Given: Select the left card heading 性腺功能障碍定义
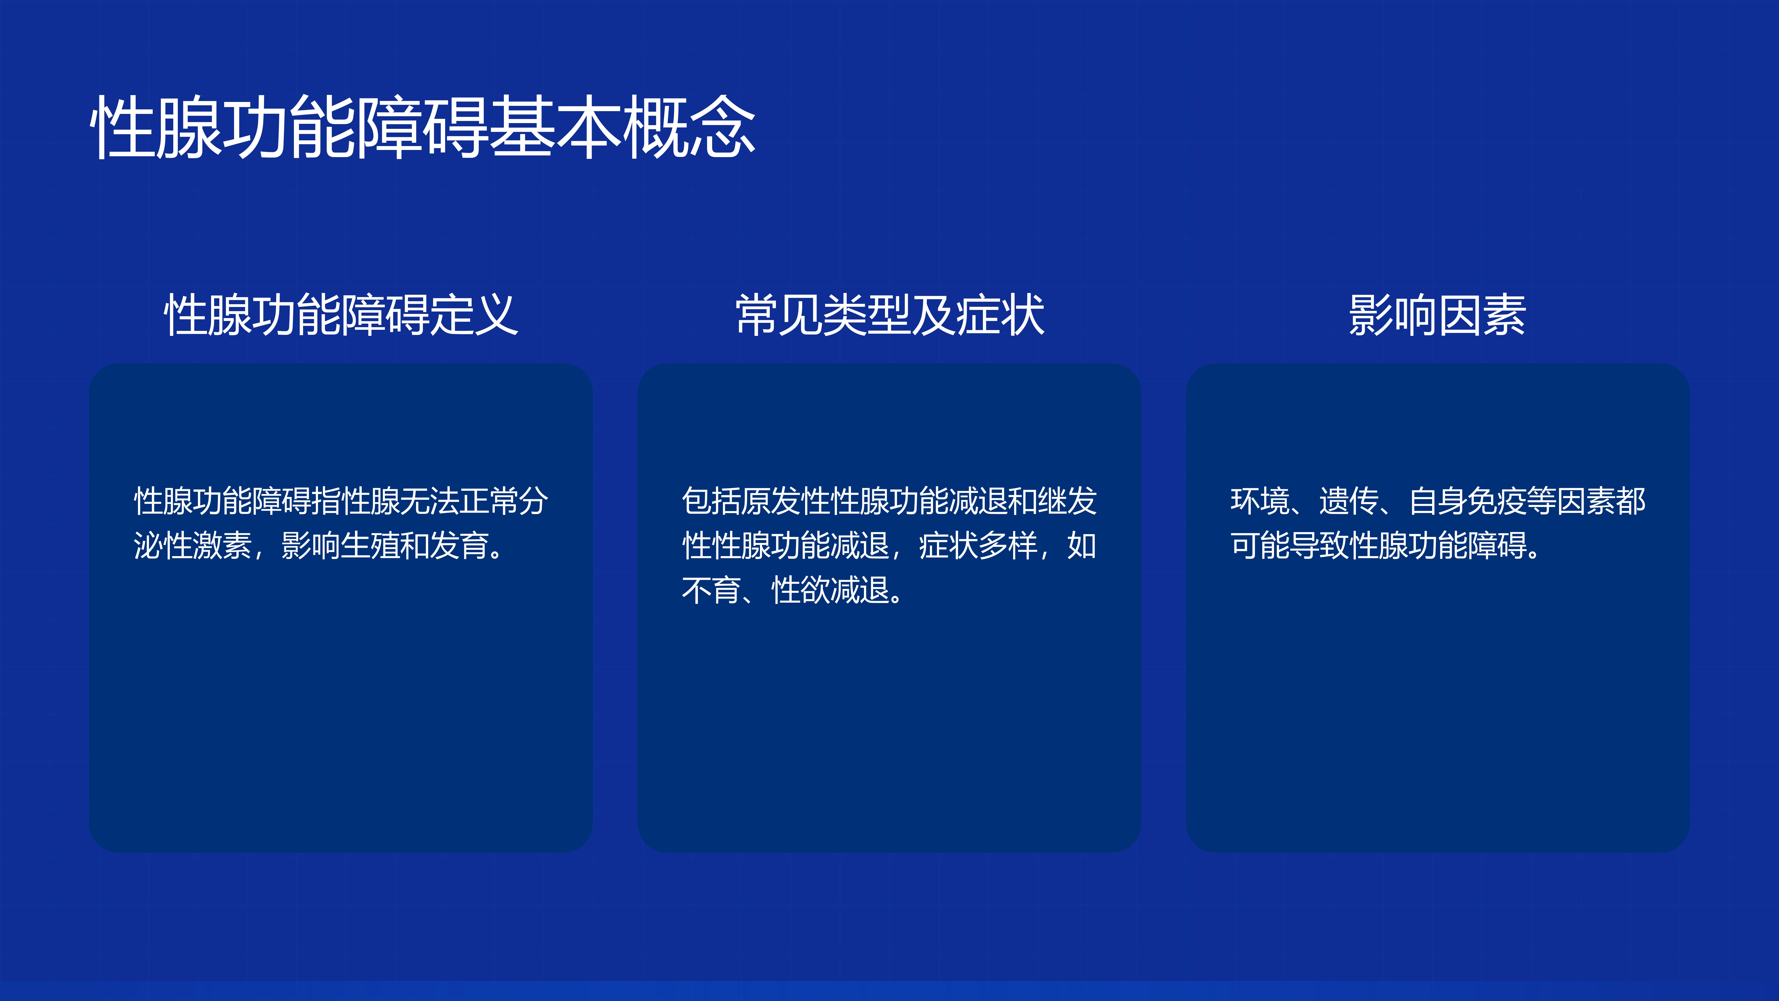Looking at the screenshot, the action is [340, 315].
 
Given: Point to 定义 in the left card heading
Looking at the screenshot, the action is [474, 315].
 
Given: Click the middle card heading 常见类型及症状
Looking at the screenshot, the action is [889, 315].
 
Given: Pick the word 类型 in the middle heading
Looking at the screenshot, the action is [867, 315].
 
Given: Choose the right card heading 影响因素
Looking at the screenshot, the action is [1437, 315].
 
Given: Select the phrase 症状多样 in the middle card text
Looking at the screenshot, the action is [978, 546].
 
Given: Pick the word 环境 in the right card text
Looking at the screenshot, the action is [1260, 501].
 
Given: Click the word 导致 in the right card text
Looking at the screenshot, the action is [1320, 546].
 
